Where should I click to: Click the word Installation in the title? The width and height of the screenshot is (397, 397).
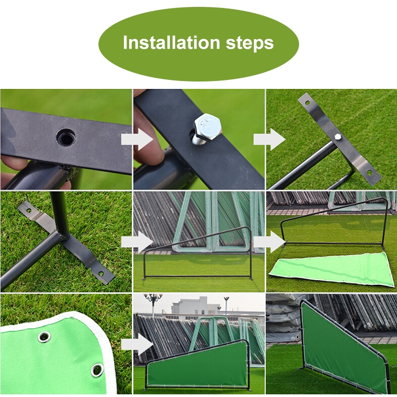[x=171, y=42]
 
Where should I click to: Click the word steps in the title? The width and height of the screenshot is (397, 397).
[x=250, y=43]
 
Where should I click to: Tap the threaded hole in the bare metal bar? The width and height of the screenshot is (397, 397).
[x=66, y=137]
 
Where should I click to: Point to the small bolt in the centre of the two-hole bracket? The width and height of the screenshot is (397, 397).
[x=338, y=137]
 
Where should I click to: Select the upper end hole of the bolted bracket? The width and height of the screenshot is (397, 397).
[x=307, y=103]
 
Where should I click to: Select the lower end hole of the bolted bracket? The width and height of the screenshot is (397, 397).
[x=369, y=173]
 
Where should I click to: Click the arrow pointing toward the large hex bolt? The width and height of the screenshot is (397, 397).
[x=137, y=140]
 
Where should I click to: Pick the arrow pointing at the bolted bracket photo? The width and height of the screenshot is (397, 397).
[x=269, y=140]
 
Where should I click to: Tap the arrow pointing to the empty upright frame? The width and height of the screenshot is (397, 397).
[x=137, y=242]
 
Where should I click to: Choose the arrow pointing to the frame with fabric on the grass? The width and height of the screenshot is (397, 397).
[x=269, y=242]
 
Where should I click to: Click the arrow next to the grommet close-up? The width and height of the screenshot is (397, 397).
[x=137, y=345]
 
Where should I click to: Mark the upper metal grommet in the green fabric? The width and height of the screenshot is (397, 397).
[x=44, y=337]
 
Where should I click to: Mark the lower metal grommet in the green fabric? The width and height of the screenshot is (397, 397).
[x=97, y=370]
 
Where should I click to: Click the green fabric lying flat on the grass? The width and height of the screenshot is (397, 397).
[x=332, y=269]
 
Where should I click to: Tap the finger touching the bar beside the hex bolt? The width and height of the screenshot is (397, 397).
[x=149, y=149]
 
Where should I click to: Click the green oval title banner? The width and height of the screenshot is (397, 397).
[x=198, y=43]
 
